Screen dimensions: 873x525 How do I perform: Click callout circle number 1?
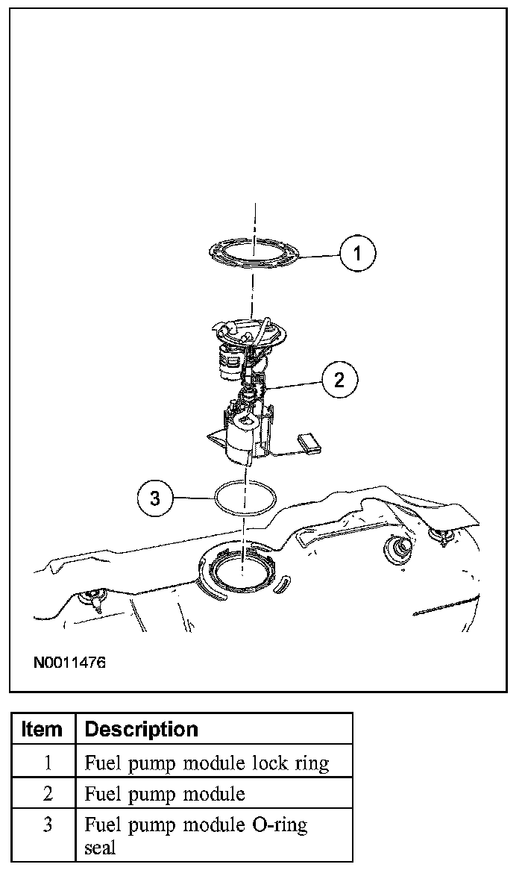(357, 254)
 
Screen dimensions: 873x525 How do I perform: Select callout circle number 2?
(339, 380)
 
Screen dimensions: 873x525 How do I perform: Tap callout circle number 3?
(155, 498)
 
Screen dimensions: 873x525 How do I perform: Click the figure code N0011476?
(69, 662)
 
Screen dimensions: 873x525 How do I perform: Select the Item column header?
(43, 728)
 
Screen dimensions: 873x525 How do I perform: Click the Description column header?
(142, 728)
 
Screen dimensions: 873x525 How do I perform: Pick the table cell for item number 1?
(47, 763)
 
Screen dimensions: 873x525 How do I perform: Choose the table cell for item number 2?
(47, 793)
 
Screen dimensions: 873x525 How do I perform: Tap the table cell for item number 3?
(47, 825)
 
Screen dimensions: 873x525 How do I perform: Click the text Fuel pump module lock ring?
(207, 763)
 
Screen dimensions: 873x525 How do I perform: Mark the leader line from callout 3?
(192, 498)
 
